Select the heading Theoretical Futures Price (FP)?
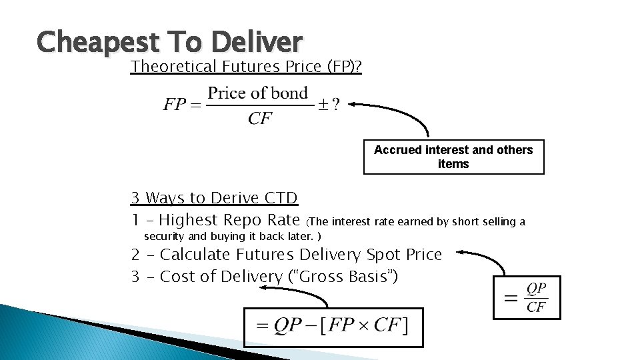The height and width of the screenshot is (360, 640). (245, 67)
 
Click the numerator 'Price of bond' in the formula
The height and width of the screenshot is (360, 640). (257, 93)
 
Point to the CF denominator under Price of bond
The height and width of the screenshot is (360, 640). (259, 119)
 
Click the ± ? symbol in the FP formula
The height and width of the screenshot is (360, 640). (328, 105)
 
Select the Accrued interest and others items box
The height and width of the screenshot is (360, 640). (453, 157)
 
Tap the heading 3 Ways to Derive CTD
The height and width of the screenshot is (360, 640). (214, 198)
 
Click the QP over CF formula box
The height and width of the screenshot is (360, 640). (527, 297)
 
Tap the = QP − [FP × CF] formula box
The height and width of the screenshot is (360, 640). (333, 327)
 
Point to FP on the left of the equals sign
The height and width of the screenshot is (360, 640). (175, 105)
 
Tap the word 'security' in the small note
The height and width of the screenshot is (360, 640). (165, 237)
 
